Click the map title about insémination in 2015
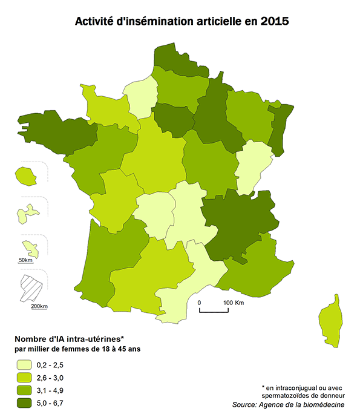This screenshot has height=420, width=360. pyautogui.click(x=182, y=21)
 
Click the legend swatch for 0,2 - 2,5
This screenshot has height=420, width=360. pyautogui.click(x=24, y=365)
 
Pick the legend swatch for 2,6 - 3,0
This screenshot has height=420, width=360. pyautogui.click(x=24, y=378)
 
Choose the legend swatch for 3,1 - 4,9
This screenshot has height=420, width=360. pyautogui.click(x=24, y=390)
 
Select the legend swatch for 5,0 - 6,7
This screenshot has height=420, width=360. pyautogui.click(x=24, y=403)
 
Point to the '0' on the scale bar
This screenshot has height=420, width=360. pyautogui.click(x=200, y=302)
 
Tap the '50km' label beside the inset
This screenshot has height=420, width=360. pyautogui.click(x=25, y=260)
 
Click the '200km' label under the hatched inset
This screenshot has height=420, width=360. pyautogui.click(x=39, y=307)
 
